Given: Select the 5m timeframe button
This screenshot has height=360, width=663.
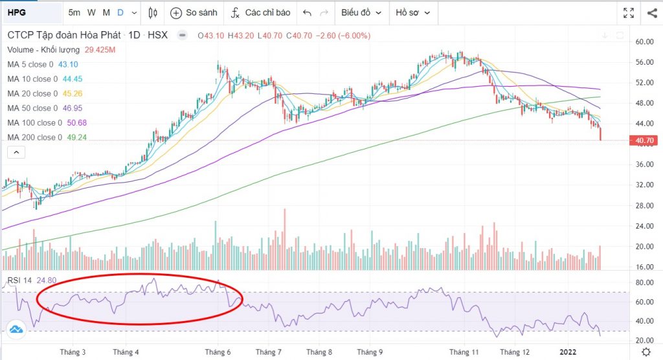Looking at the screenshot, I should point(75,12).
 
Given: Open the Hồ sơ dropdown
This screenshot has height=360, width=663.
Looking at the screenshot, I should point(416,12).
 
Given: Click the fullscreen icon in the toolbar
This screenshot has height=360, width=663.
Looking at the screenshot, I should point(628,12).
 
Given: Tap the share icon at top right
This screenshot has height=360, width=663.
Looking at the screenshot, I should point(651,12).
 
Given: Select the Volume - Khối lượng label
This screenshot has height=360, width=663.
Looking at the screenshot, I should point(43,49).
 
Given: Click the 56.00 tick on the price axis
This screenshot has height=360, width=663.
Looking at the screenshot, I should point(644,62).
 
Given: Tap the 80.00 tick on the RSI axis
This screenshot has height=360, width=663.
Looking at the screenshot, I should point(644,283).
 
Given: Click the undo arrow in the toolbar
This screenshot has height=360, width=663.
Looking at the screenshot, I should point(307,12).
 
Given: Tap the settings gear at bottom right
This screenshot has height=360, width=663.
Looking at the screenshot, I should point(646,351).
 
